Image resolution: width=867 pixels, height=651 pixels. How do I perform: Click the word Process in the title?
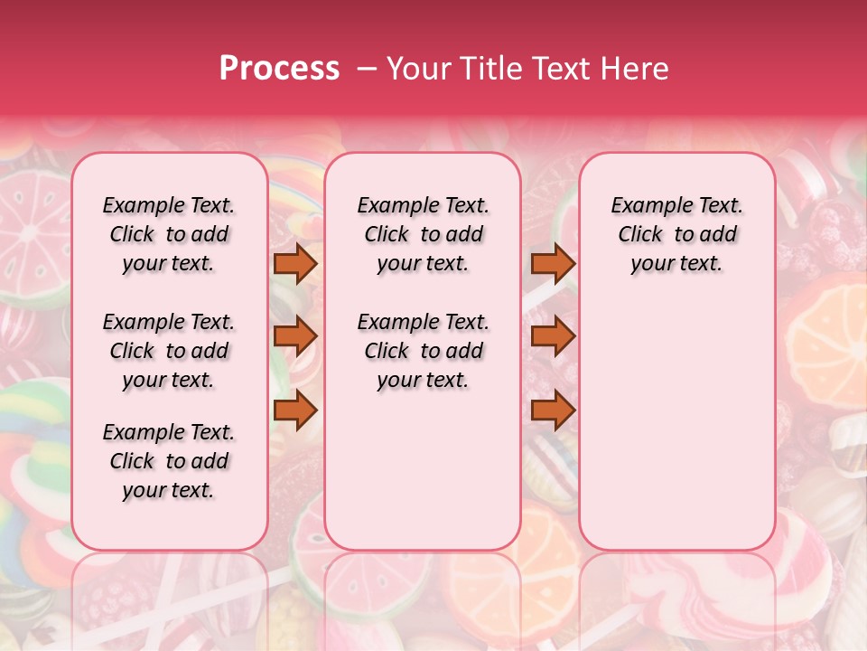click(279, 69)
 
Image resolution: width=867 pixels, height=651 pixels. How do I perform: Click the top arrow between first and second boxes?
click(295, 264)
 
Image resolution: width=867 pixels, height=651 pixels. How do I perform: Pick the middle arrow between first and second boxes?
click(295, 336)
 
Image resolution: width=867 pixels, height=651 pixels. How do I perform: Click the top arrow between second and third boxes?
click(553, 264)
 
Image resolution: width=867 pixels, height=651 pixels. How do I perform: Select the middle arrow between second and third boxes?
click(553, 336)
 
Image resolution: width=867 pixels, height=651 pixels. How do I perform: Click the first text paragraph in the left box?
click(169, 234)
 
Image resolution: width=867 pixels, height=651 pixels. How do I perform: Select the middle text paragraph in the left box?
click(169, 351)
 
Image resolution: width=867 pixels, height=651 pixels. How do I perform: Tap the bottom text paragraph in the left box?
click(169, 461)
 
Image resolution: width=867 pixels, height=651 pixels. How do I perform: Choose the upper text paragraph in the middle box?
click(423, 234)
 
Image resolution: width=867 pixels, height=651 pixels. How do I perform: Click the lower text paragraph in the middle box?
click(423, 351)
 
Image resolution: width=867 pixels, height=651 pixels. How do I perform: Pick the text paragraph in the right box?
click(676, 234)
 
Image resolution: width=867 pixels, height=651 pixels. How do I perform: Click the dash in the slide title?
click(367, 69)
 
